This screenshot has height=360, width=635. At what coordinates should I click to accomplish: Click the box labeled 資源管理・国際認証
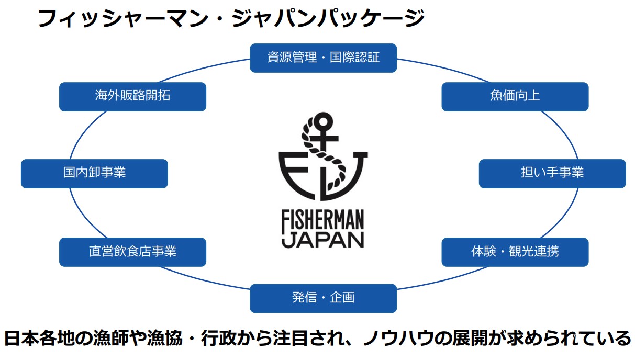pyautogui.click(x=323, y=58)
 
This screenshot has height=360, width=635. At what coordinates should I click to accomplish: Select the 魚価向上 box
pyautogui.click(x=515, y=97)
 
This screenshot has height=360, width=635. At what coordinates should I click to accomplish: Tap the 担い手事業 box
pyautogui.click(x=552, y=173)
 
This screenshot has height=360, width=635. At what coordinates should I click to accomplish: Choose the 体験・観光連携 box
pyautogui.click(x=515, y=252)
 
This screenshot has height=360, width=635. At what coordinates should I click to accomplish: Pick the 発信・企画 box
pyautogui.click(x=323, y=298)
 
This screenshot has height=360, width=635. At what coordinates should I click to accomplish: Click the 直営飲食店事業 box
pyautogui.click(x=132, y=252)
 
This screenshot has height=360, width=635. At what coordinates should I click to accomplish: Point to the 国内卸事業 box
pyautogui.click(x=94, y=173)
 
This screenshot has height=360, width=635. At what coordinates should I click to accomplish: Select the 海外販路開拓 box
pyautogui.click(x=132, y=97)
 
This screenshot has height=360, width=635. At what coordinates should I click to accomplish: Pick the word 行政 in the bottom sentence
pyautogui.click(x=225, y=338)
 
